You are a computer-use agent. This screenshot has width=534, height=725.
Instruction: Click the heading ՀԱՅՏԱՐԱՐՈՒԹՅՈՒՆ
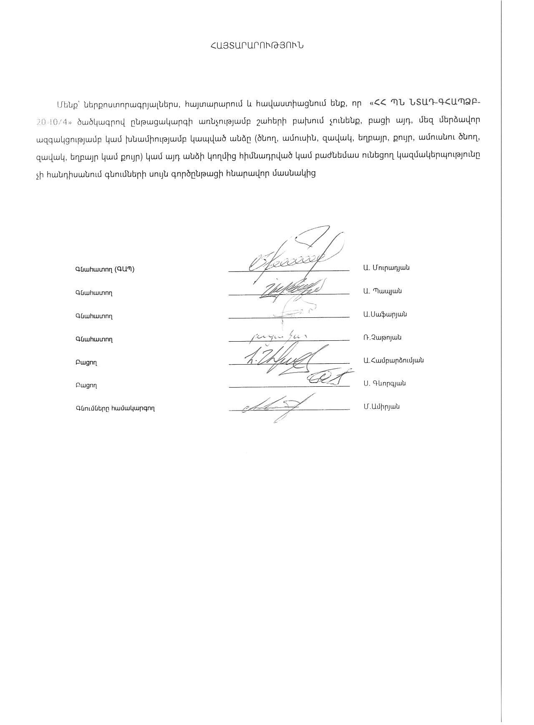tap(257, 46)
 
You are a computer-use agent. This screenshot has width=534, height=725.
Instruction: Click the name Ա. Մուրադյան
tap(386, 268)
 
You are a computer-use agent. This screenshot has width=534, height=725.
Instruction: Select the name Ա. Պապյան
tap(382, 291)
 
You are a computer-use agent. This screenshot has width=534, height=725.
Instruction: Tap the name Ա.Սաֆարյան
tap(385, 314)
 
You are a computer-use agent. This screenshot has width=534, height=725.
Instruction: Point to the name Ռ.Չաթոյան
tap(382, 337)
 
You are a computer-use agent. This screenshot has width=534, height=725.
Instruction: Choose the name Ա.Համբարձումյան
tap(393, 360)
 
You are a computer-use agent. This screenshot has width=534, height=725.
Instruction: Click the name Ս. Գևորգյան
tap(384, 383)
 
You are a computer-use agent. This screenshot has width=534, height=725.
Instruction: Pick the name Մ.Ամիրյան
tap(381, 407)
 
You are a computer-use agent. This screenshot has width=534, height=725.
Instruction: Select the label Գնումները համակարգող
tap(115, 408)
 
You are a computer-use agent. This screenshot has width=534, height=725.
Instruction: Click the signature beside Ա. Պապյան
tap(290, 288)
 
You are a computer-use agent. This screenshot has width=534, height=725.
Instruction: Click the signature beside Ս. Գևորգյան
tap(330, 378)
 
